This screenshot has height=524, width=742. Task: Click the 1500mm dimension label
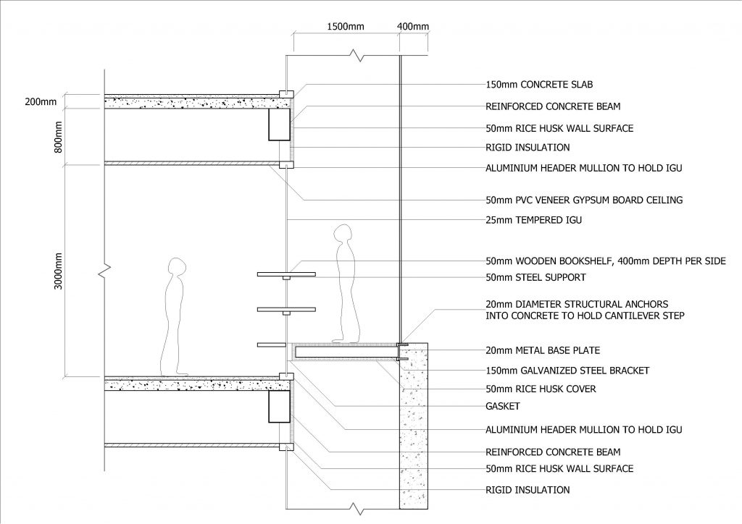(346, 26)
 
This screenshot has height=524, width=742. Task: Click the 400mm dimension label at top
(412, 26)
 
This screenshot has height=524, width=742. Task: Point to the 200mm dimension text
(41, 101)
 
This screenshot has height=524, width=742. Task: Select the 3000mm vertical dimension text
(58, 271)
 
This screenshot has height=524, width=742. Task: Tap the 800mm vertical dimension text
(58, 137)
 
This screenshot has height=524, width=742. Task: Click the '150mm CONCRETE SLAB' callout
(539, 85)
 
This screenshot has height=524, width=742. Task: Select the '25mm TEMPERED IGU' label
(534, 220)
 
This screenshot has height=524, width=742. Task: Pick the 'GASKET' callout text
(503, 406)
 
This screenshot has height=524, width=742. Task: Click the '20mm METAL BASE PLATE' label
(543, 350)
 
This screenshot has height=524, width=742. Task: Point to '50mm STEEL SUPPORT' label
(535, 277)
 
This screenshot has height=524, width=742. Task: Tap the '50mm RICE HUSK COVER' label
(541, 389)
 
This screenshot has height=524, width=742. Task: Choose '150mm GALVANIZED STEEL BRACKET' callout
(567, 371)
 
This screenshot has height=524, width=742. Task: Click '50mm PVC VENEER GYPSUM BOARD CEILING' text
(584, 200)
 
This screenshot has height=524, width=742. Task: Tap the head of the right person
(343, 233)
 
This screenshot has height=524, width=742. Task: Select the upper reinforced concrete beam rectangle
(279, 124)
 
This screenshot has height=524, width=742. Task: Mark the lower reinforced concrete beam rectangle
(279, 406)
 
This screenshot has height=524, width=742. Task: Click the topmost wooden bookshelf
(286, 274)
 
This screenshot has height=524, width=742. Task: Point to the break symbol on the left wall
(105, 271)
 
